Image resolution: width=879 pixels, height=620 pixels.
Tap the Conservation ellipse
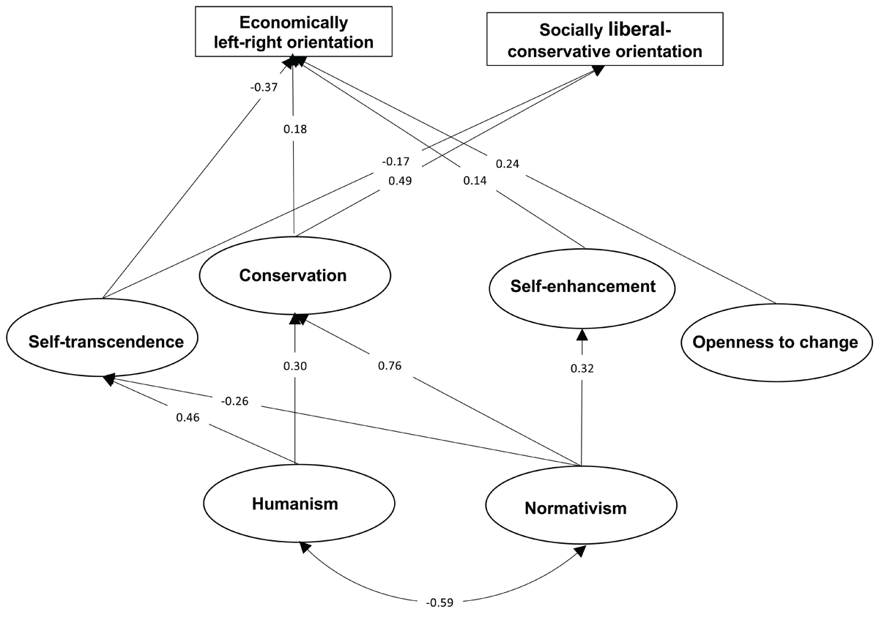pos(292,275)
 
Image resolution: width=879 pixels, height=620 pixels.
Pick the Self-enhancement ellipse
pos(582,285)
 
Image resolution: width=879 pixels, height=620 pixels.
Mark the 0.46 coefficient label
pos(188,417)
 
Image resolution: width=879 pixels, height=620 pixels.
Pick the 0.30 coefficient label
pos(295,365)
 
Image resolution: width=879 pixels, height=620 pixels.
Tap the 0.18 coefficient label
pos(294,129)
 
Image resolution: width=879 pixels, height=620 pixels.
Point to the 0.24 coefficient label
pos(509,164)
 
